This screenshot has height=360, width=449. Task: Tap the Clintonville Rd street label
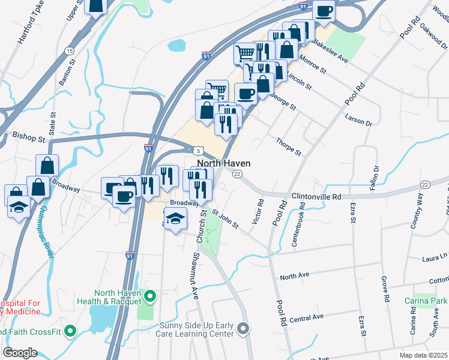coord(316,196)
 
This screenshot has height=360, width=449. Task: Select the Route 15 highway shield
coord(70,51)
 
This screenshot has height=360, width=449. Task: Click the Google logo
coord(20,352)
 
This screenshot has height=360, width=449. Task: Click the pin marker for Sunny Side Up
coord(243,328)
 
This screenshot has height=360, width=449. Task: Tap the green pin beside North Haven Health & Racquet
coord(150,296)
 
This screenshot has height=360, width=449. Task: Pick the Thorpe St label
coord(289,146)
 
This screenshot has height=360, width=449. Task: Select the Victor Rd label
coord(257,212)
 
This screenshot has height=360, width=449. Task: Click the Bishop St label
coord(29,137)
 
